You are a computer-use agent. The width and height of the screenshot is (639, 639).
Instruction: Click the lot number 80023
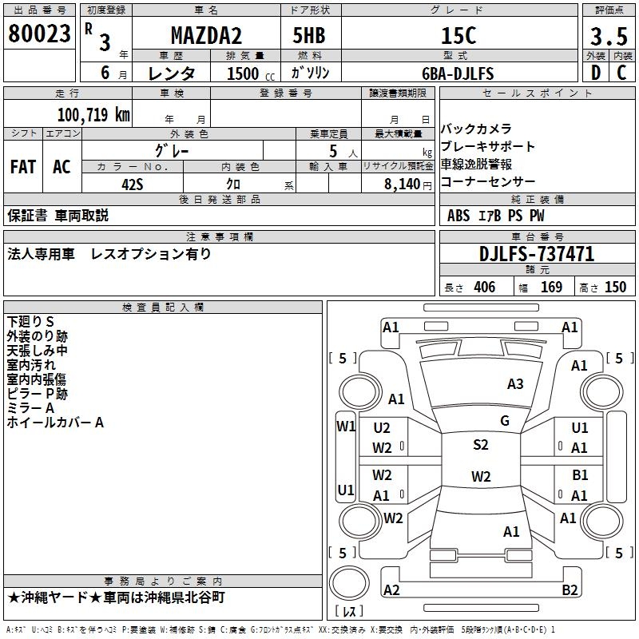40,34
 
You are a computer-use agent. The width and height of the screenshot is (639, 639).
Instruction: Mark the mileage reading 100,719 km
93,115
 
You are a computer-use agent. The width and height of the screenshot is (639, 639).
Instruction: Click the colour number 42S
132,183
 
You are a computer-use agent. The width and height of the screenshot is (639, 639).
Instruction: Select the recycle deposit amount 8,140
402,184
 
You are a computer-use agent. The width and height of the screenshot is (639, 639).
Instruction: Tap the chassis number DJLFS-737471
537,254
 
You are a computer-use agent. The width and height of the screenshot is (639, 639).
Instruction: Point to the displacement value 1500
243,74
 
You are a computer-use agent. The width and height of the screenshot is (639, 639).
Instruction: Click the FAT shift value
22,167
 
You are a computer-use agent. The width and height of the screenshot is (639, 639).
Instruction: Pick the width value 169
551,288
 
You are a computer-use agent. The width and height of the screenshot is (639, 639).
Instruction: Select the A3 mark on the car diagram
515,384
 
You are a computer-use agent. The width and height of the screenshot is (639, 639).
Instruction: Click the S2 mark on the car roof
480,445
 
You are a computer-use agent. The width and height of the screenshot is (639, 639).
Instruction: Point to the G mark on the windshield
505,421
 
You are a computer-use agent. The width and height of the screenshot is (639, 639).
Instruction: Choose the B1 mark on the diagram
581,475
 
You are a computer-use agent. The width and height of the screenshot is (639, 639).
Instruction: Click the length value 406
484,288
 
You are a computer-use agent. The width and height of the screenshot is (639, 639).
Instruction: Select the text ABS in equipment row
458,215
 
